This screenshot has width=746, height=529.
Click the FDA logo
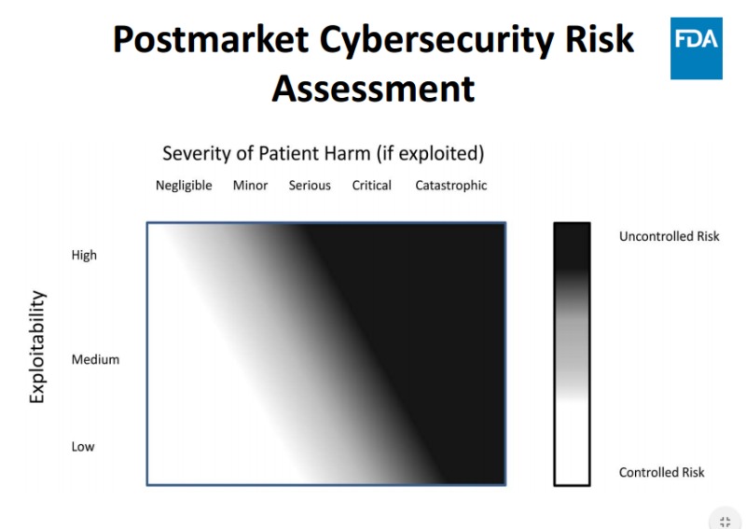click(696, 49)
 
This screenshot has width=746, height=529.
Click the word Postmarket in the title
click(211, 40)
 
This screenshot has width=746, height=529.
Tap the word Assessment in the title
click(373, 89)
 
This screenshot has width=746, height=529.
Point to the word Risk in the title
click(600, 39)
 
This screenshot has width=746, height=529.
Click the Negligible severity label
click(184, 186)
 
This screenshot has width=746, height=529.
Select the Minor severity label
click(250, 186)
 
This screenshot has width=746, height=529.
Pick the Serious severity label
click(310, 186)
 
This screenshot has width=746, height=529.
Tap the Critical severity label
click(371, 186)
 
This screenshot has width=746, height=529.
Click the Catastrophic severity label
click(451, 186)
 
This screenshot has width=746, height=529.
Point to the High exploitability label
click(84, 256)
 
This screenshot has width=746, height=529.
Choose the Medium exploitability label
click(95, 359)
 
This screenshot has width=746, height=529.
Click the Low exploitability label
click(83, 447)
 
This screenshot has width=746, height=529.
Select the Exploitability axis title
click(37, 347)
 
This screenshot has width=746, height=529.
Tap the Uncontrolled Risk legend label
click(670, 236)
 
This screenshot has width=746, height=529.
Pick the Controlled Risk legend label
click(662, 472)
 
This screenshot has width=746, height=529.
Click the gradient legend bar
click(572, 354)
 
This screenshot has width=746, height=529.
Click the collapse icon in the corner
click(725, 522)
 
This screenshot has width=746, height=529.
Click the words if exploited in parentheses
click(431, 154)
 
